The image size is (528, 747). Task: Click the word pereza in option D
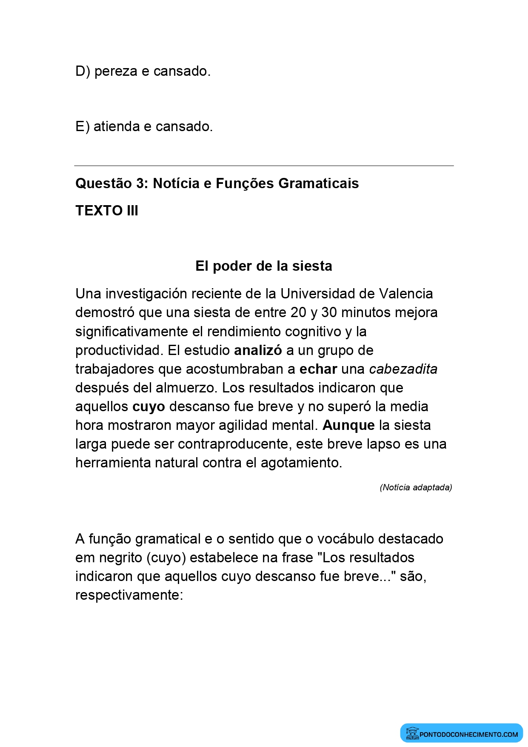pyautogui.click(x=116, y=72)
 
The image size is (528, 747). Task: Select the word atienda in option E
pyautogui.click(x=117, y=127)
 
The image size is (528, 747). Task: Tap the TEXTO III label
pyautogui.click(x=107, y=211)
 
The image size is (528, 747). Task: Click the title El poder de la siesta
pyautogui.click(x=264, y=266)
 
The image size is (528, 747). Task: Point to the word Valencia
pyautogui.click(x=406, y=294)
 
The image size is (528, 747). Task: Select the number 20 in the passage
pyautogui.click(x=299, y=312)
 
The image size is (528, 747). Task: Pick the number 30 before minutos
pyautogui.click(x=329, y=312)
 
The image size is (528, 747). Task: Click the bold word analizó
pyautogui.click(x=258, y=350)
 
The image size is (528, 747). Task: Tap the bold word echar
pyautogui.click(x=318, y=369)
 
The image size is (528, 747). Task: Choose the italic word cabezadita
pyautogui.click(x=403, y=369)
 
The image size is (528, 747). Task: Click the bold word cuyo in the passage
pyautogui.click(x=148, y=407)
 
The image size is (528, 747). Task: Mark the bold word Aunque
pyautogui.click(x=348, y=425)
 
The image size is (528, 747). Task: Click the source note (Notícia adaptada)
pyautogui.click(x=416, y=487)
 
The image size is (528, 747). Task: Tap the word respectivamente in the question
pyautogui.click(x=128, y=595)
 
